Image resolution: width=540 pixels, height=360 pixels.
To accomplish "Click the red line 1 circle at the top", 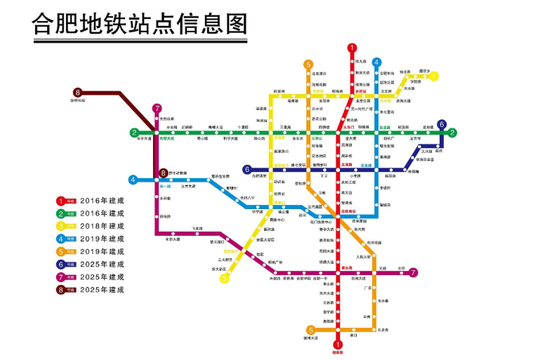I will [x=352, y=48].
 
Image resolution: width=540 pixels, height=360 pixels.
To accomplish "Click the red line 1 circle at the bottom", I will [x=338, y=345].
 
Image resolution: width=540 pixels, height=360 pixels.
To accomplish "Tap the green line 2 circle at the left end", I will [x=133, y=133].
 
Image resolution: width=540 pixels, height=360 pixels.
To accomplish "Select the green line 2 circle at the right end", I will [x=453, y=133].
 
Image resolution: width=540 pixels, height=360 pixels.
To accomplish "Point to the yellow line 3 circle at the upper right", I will [x=434, y=75].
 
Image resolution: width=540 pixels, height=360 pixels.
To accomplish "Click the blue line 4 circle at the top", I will [x=377, y=62].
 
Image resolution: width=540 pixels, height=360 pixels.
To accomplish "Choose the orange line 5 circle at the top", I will [x=308, y=65].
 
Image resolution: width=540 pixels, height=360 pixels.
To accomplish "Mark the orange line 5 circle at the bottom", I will [x=310, y=330].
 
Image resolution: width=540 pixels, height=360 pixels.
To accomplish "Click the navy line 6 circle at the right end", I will [x=442, y=125].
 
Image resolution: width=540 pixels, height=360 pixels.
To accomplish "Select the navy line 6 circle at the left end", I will [x=246, y=169].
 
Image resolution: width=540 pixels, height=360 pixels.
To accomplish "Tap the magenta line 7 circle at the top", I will [x=157, y=108].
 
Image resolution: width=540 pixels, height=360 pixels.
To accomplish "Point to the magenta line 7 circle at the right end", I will [x=414, y=272].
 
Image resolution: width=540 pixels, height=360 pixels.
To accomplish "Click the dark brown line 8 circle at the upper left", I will [x=78, y=92].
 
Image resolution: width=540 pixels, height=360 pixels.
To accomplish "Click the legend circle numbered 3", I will [x=61, y=226].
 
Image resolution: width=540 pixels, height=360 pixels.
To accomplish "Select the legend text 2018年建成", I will [x=103, y=226].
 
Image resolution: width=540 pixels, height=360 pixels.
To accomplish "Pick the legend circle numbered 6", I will [x=61, y=264].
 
